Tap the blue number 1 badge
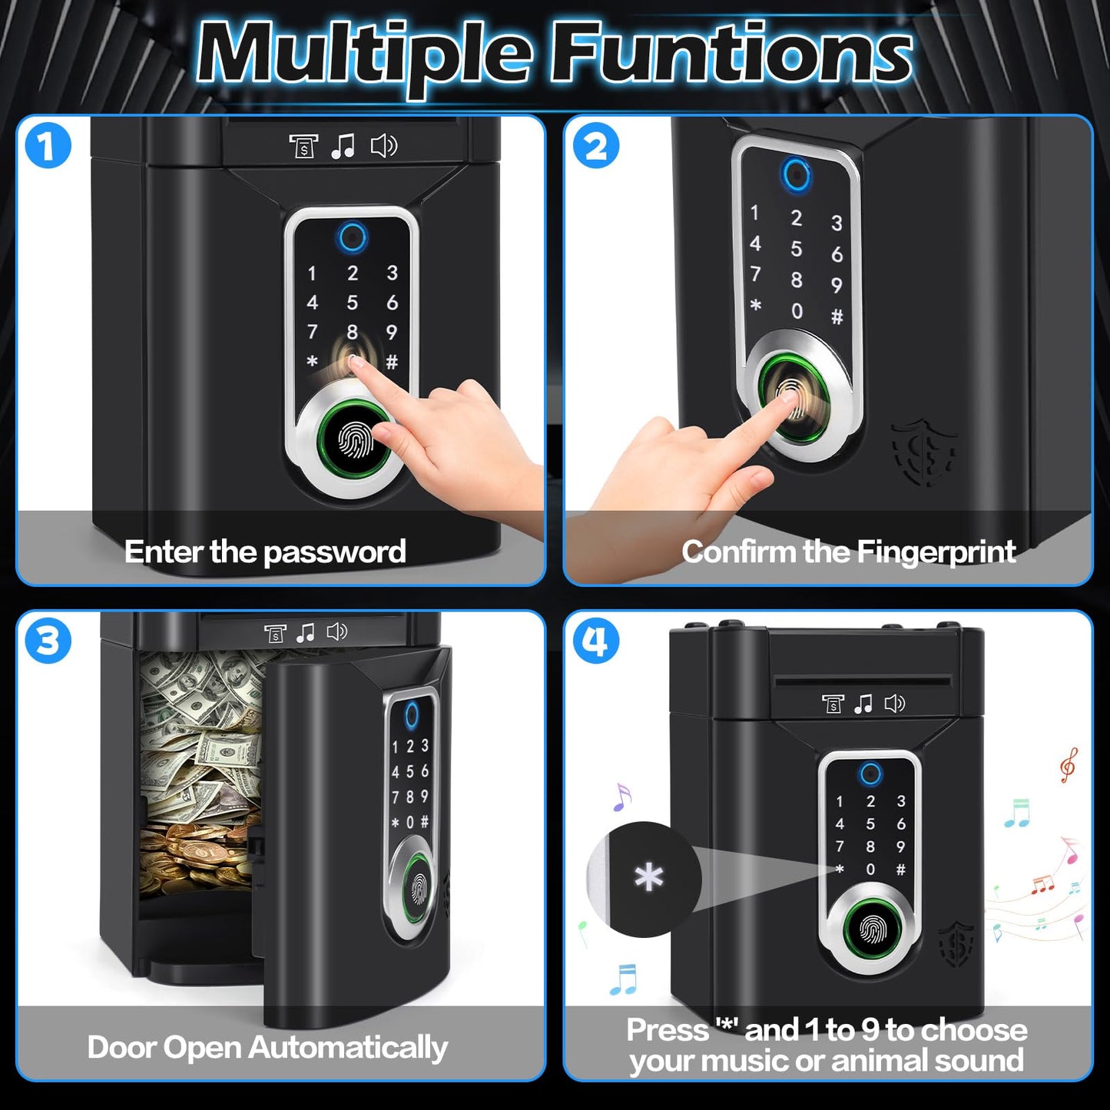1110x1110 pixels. pos(48,146)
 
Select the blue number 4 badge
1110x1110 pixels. pos(595,641)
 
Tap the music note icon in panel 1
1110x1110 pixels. pos(343,145)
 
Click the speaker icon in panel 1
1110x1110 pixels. pos(384,145)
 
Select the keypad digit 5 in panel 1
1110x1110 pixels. pos(352,303)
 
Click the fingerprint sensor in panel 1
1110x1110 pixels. pos(356,440)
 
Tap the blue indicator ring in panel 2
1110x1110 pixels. pos(796,174)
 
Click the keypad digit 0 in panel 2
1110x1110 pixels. pos(797,311)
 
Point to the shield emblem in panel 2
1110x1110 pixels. pos(925,453)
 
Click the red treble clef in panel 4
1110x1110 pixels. pos(1068,764)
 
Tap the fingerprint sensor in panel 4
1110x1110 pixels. pos(871,930)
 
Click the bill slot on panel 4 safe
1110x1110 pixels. pos(863,680)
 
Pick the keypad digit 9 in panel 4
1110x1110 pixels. pos(901,847)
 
